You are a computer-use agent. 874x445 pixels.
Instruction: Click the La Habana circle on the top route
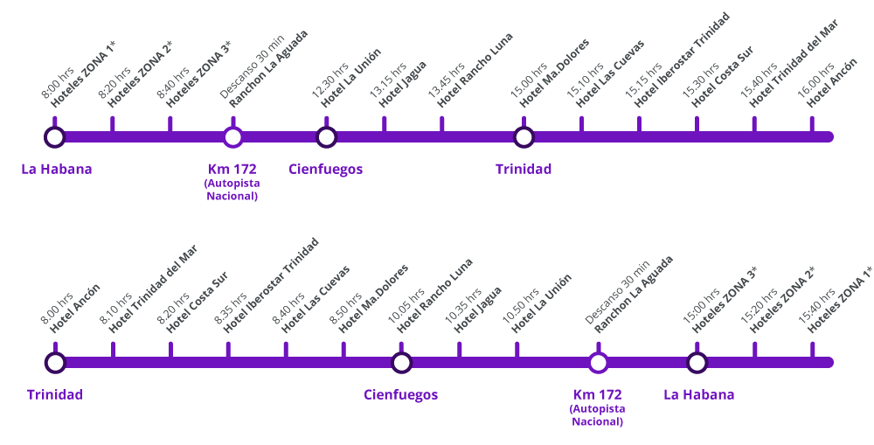click(54, 136)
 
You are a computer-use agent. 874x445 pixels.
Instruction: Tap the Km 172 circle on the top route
click(232, 136)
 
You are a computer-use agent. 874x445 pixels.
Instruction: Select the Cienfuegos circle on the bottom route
click(401, 362)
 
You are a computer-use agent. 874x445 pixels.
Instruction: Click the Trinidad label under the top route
click(524, 170)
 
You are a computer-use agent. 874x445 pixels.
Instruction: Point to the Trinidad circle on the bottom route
click(55, 362)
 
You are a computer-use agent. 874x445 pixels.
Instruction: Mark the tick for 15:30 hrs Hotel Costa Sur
click(697, 124)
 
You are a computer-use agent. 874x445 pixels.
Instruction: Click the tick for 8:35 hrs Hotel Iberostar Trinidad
click(228, 350)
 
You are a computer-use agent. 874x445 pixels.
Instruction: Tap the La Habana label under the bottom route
click(698, 395)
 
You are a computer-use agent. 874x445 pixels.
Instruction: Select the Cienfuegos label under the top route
click(325, 170)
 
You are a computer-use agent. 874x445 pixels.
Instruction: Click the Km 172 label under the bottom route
click(597, 395)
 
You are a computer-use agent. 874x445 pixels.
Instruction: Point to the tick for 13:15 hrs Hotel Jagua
click(384, 124)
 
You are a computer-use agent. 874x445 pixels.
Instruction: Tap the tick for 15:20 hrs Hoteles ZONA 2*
click(754, 350)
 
